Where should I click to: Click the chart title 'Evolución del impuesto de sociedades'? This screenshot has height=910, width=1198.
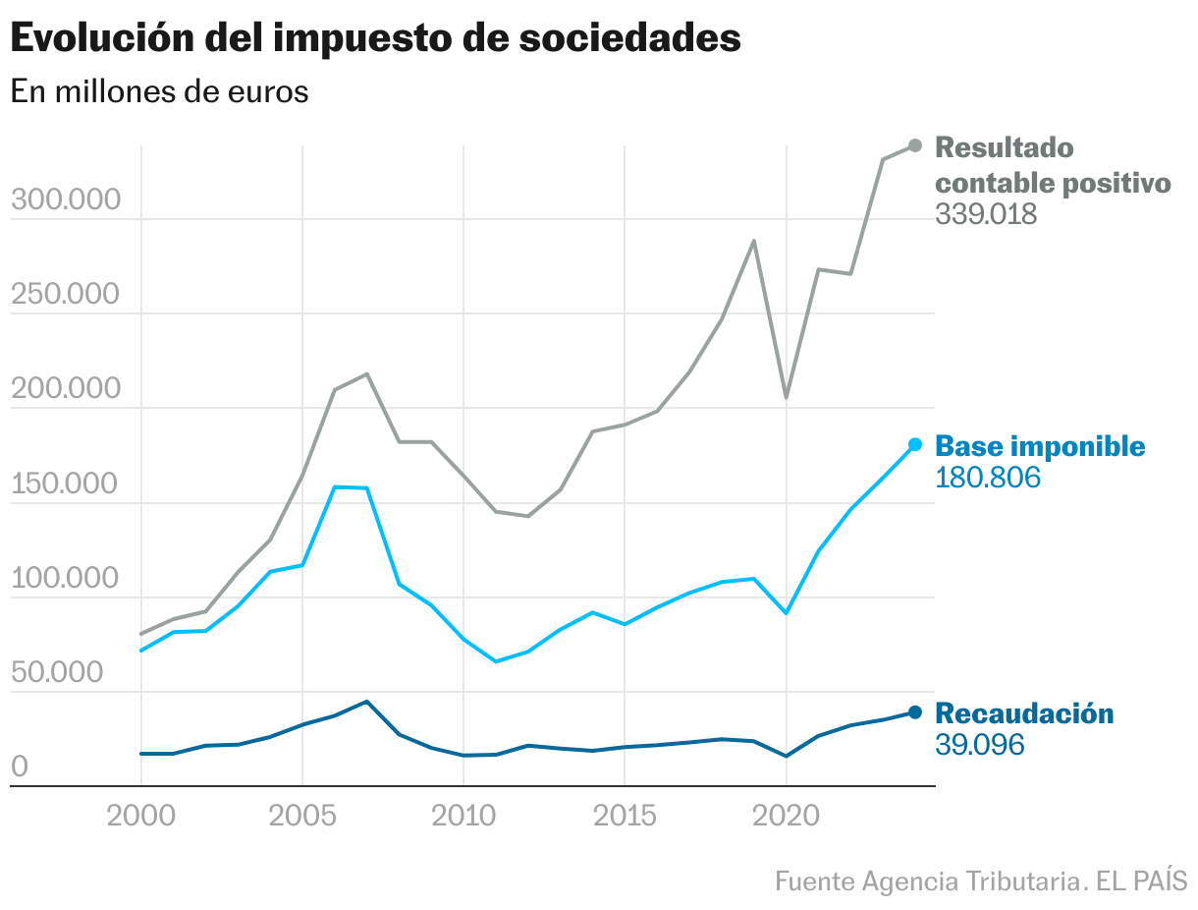pyautogui.click(x=375, y=39)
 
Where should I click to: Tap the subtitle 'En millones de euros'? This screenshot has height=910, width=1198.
pyautogui.click(x=159, y=92)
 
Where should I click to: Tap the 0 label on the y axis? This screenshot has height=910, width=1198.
pyautogui.click(x=20, y=768)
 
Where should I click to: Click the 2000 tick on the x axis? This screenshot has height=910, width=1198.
pyautogui.click(x=140, y=818)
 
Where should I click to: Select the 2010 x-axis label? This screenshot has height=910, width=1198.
pyautogui.click(x=463, y=818)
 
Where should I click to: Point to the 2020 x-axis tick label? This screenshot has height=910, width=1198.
pyautogui.click(x=786, y=818)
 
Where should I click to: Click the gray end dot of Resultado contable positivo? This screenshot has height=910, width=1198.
pyautogui.click(x=915, y=145)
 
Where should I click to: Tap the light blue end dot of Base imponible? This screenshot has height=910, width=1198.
pyautogui.click(x=915, y=444)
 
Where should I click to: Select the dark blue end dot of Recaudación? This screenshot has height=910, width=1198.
pyautogui.click(x=915, y=712)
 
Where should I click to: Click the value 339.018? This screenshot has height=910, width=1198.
pyautogui.click(x=986, y=214)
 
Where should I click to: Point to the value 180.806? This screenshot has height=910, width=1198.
pyautogui.click(x=987, y=479)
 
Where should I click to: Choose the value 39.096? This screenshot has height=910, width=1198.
pyautogui.click(x=980, y=745)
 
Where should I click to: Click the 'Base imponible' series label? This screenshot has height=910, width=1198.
pyautogui.click(x=1040, y=446)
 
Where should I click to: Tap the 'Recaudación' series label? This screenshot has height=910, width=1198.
pyautogui.click(x=1024, y=713)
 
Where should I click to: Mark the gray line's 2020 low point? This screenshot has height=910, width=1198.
pyautogui.click(x=786, y=397)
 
